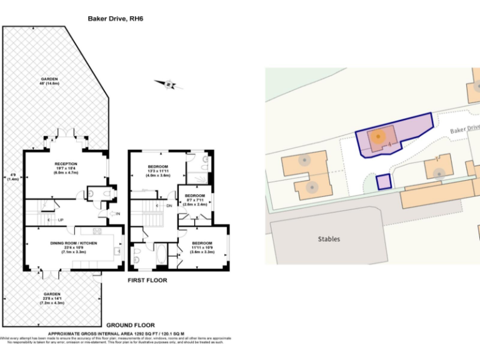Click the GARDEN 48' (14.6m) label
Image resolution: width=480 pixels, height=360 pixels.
tap(49, 81)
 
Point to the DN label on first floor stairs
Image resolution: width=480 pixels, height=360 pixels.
tap(169, 206)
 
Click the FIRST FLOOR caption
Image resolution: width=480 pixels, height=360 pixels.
tap(147, 281)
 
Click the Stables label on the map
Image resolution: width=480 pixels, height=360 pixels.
tap(329, 239)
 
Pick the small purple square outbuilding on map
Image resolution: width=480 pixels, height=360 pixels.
tap(383, 182)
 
